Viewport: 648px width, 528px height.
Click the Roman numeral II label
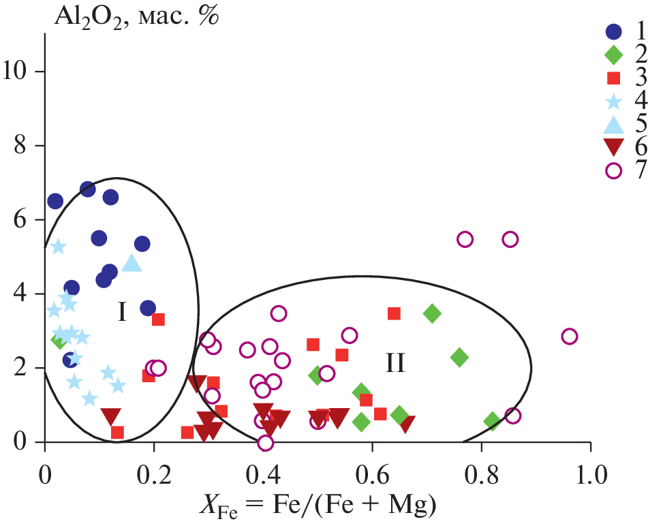(395, 363)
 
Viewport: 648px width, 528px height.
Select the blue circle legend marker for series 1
(614, 31)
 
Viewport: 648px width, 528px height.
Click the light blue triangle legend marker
(614, 124)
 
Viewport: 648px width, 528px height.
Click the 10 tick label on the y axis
(20, 72)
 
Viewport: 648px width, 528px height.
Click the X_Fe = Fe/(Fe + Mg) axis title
(317, 506)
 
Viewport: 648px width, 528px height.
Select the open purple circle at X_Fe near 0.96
(570, 337)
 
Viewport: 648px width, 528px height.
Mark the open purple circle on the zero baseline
(266, 443)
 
